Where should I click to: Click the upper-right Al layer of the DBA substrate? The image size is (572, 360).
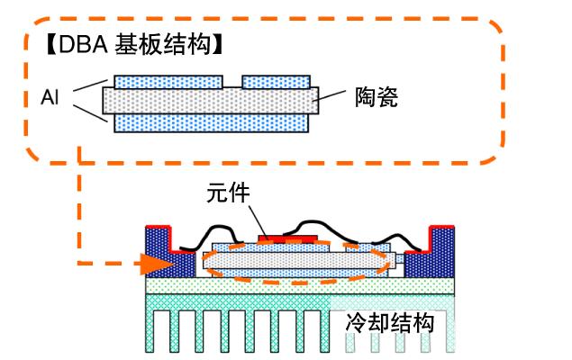[276, 82]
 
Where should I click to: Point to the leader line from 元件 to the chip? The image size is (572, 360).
[255, 220]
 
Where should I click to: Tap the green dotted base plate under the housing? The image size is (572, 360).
[297, 286]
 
